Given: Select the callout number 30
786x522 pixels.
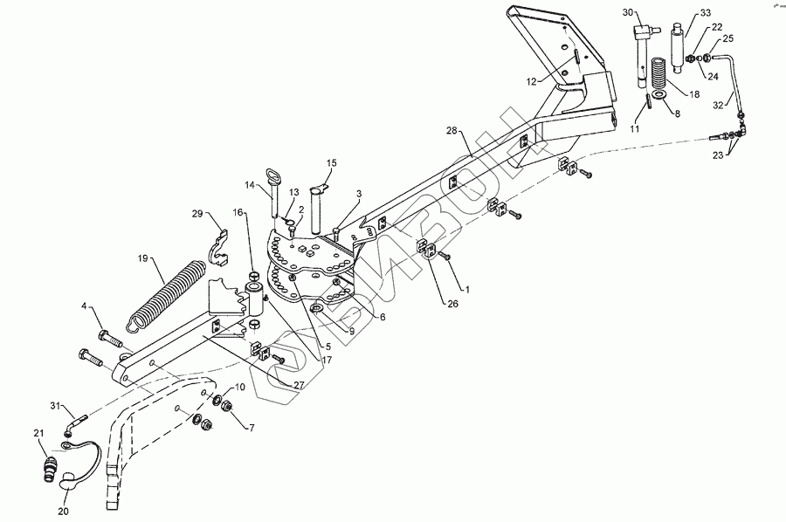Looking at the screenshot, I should coord(629,12).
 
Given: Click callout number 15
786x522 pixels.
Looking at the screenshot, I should coord(331,163).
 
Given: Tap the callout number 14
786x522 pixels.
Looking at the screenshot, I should coord(249,185).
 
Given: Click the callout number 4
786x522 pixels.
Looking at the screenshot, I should coord(84,306).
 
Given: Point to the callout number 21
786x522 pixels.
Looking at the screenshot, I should coord(38,434).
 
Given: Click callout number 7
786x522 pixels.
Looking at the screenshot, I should coord(251,428).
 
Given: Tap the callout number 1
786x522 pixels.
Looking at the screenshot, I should coord(466,288).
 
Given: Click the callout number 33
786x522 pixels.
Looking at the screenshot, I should coord(705,14).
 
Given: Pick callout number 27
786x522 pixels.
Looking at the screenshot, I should coord(299,385).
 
